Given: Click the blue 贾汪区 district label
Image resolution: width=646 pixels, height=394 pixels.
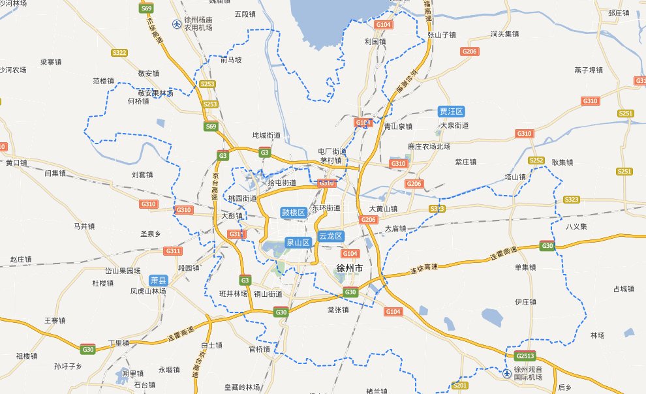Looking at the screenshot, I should [x=451, y=112].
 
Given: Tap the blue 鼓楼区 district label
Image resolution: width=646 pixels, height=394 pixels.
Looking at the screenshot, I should [x=293, y=212].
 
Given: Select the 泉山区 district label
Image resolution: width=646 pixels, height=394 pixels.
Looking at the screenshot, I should [x=297, y=242].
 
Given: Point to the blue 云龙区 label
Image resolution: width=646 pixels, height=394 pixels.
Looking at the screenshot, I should [x=331, y=236].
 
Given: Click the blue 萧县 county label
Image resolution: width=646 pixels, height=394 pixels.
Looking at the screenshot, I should [x=159, y=279].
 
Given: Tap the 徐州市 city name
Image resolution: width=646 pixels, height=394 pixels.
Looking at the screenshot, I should [x=349, y=269].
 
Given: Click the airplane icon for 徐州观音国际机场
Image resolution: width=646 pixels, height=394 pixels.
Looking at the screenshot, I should [x=508, y=372].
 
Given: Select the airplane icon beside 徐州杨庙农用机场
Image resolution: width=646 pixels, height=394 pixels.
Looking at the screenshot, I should [x=177, y=24].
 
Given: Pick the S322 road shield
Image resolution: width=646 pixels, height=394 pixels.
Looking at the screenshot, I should [x=119, y=52].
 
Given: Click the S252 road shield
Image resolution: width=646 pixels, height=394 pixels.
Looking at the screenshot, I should [x=536, y=160].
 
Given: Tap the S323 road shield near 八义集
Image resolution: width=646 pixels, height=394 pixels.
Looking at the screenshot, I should [x=572, y=199].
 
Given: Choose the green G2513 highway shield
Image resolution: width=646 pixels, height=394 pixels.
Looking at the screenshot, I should [x=525, y=356].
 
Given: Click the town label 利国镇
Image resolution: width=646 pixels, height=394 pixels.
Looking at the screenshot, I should [x=376, y=41].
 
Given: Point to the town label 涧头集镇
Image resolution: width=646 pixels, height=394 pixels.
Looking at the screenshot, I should [x=504, y=33].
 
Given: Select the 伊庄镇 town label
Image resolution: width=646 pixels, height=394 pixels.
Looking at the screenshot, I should [x=525, y=301].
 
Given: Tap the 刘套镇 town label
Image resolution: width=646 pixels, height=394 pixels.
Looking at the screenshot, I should [x=142, y=174].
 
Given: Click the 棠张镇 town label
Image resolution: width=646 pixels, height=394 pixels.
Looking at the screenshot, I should [x=338, y=310].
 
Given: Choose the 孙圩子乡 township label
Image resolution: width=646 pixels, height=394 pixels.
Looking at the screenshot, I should [x=68, y=367].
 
